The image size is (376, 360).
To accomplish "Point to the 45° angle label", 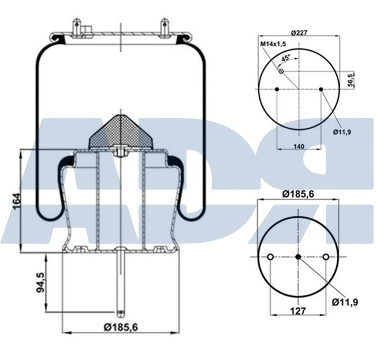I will (286, 58).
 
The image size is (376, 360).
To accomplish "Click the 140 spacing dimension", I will (299, 147).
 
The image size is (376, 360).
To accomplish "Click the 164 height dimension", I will (17, 201).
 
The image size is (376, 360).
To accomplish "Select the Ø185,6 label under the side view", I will (122, 327).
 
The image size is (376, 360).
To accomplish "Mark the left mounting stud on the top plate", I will (76, 28).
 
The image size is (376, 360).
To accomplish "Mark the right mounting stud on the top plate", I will (165, 28).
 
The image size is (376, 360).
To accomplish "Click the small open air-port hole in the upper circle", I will (281, 72).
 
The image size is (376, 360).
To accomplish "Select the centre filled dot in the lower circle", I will (298, 257).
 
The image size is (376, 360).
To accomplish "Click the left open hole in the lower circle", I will (270, 257).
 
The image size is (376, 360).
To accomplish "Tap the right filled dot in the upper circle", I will (321, 90).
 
